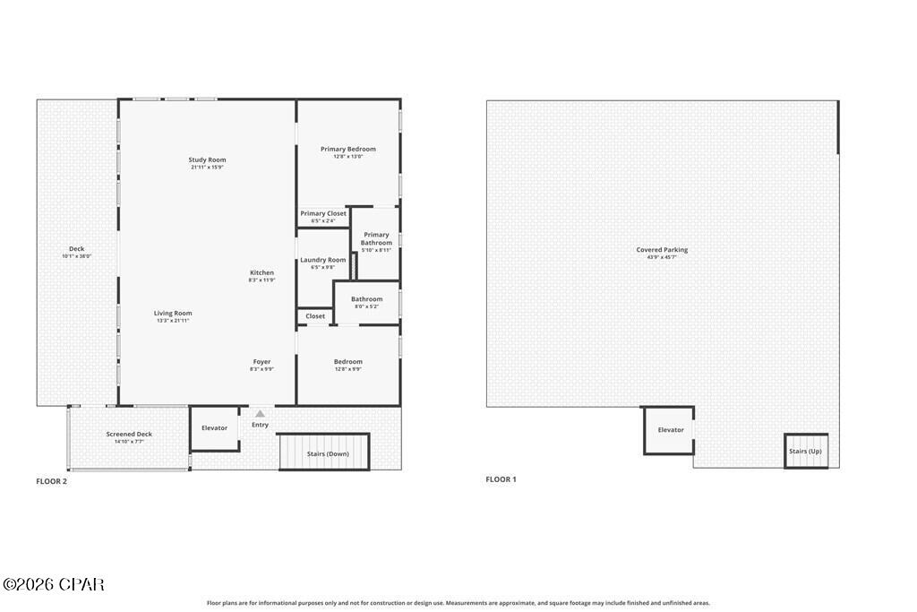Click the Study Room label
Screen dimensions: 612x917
(207, 160)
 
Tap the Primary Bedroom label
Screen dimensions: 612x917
(348, 150)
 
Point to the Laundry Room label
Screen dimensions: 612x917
(322, 260)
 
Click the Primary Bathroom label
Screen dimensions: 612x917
(376, 238)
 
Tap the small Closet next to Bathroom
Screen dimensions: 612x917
(315, 316)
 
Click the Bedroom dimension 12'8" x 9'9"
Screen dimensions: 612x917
(348, 369)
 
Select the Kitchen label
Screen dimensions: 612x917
(261, 272)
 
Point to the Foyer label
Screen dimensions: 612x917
(261, 362)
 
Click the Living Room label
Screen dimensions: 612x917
(174, 314)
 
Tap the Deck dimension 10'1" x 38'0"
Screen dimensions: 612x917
(77, 256)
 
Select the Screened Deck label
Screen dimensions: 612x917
(129, 435)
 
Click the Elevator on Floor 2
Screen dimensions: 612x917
(215, 428)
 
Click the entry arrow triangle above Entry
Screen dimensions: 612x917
(260, 414)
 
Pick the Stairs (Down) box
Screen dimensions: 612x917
(327, 453)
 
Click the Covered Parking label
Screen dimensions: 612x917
(662, 250)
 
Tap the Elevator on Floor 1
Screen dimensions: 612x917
(671, 430)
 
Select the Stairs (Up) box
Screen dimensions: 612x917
(805, 452)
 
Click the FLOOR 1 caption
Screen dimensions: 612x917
(501, 479)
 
